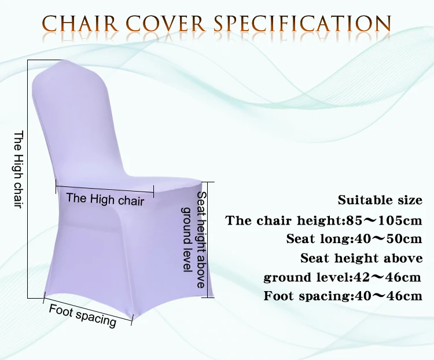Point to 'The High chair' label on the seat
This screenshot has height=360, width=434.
click(x=105, y=200)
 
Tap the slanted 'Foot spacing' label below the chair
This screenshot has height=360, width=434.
click(x=83, y=315)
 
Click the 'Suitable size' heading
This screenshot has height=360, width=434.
click(x=380, y=201)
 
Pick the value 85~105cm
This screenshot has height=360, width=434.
click(x=384, y=221)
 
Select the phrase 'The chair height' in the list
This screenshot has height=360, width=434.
click(x=283, y=221)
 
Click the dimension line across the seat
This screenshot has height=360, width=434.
click(x=105, y=187)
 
